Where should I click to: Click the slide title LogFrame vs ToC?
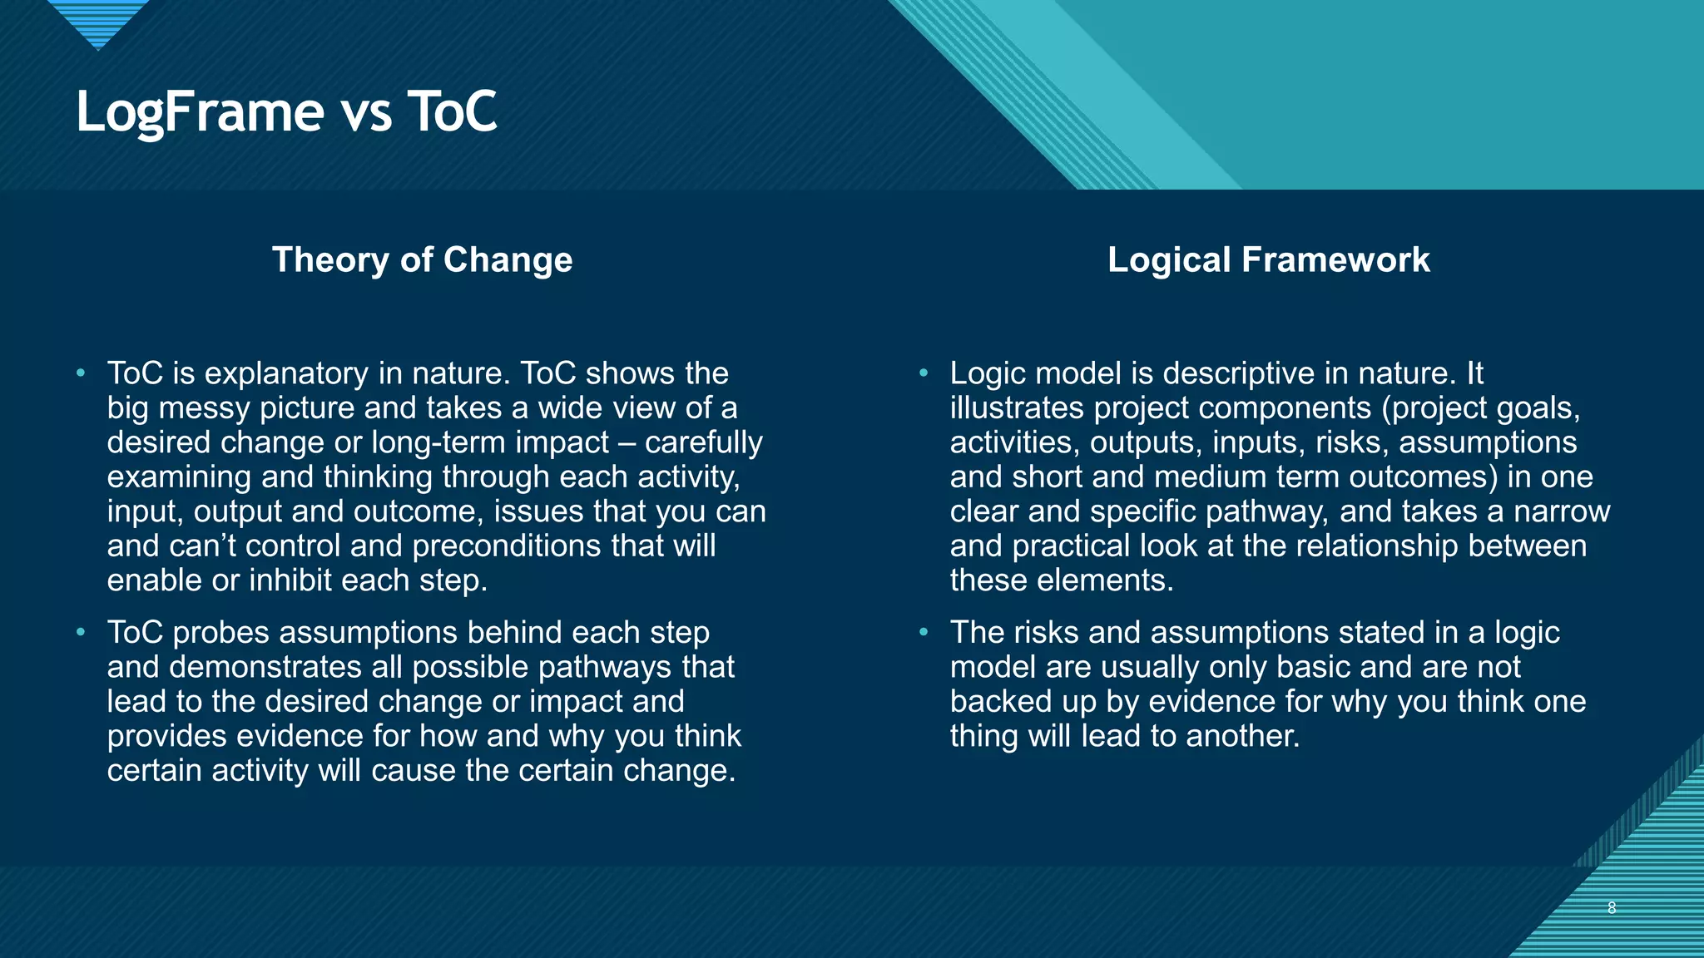pos(286,112)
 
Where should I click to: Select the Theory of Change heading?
pos(422,259)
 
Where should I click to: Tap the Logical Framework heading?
pos(1268,259)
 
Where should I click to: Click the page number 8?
pos(1612,907)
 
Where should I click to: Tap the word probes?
pos(221,633)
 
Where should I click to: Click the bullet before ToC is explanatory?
pos(81,373)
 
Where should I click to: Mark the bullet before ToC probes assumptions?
pos(81,633)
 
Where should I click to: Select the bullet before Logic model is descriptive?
pos(924,373)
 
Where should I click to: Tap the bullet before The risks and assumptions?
pos(924,633)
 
